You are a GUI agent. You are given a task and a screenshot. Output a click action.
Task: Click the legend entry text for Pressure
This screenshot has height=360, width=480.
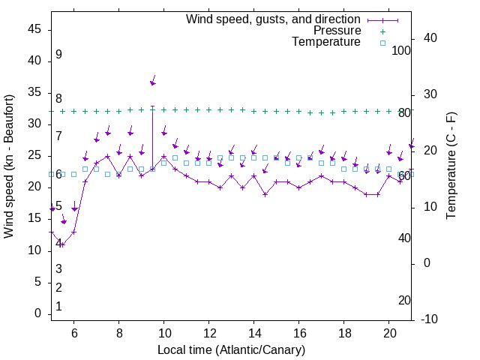337,31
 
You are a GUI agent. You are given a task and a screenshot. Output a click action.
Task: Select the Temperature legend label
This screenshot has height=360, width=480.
326,43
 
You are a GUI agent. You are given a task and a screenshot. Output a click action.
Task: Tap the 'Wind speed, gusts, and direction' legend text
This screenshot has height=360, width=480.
274,19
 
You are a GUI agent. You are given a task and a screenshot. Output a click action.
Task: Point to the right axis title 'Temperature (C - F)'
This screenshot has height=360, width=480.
451,166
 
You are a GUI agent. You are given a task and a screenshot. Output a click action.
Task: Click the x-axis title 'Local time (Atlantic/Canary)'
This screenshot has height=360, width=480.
231,350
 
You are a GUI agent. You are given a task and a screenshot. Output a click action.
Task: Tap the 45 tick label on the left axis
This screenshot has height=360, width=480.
34,29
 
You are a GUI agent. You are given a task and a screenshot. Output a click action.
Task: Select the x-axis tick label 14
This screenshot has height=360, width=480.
254,333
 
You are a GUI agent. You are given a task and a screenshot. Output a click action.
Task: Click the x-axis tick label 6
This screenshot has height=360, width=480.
73,333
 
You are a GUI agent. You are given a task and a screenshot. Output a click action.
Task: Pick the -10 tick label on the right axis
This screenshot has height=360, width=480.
430,319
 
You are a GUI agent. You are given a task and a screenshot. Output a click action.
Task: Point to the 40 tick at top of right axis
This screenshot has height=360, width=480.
430,38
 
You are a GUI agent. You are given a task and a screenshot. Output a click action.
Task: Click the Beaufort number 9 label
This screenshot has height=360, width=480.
58,55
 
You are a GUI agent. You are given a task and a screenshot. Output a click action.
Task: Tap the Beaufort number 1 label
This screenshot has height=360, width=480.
58,307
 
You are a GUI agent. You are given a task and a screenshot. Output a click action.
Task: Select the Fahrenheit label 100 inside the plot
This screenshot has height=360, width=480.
401,51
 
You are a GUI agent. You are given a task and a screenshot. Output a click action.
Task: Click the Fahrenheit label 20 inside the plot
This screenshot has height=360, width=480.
404,301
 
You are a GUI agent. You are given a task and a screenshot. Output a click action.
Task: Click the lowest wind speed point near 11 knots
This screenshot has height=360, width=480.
62,244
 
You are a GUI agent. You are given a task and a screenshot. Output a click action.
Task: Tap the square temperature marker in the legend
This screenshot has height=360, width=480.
382,43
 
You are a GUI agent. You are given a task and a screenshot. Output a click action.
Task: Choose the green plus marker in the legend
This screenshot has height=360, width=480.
382,31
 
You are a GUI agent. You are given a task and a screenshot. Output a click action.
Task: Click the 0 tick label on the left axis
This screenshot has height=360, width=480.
37,313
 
